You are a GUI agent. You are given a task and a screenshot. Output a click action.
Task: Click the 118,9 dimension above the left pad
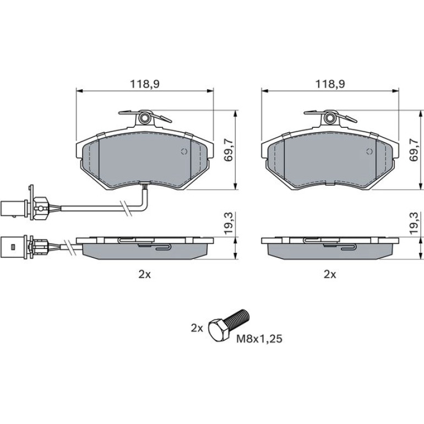(x=145, y=84)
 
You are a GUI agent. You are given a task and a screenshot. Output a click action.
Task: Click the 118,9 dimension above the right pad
(x=330, y=84)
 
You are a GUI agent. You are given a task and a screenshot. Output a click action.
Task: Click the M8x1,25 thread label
(x=259, y=339)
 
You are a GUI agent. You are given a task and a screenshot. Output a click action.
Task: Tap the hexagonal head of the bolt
(x=219, y=329)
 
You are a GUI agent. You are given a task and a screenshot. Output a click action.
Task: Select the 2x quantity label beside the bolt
(x=197, y=328)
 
